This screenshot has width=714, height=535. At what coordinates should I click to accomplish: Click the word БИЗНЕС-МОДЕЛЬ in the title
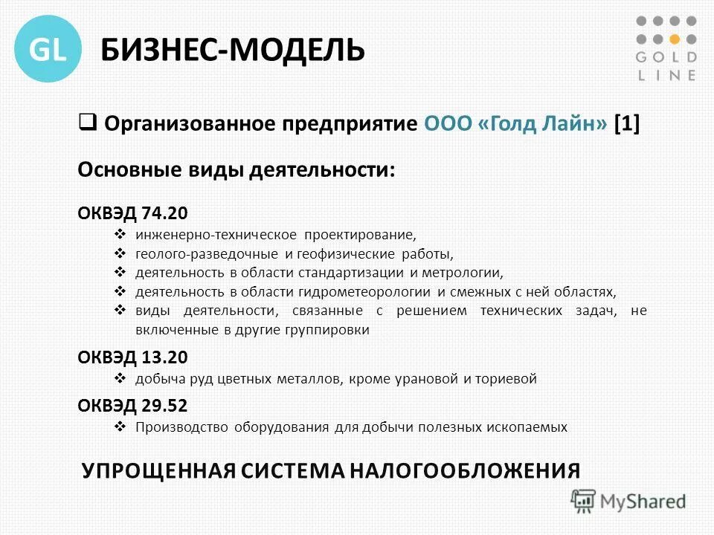[233, 50]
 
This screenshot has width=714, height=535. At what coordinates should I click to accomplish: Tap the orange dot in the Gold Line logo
[674, 39]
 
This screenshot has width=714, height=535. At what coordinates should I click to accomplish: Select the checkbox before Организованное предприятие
[86, 120]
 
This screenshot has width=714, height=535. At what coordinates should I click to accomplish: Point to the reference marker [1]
[626, 123]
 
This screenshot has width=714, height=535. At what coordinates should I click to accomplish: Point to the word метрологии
[460, 273]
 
